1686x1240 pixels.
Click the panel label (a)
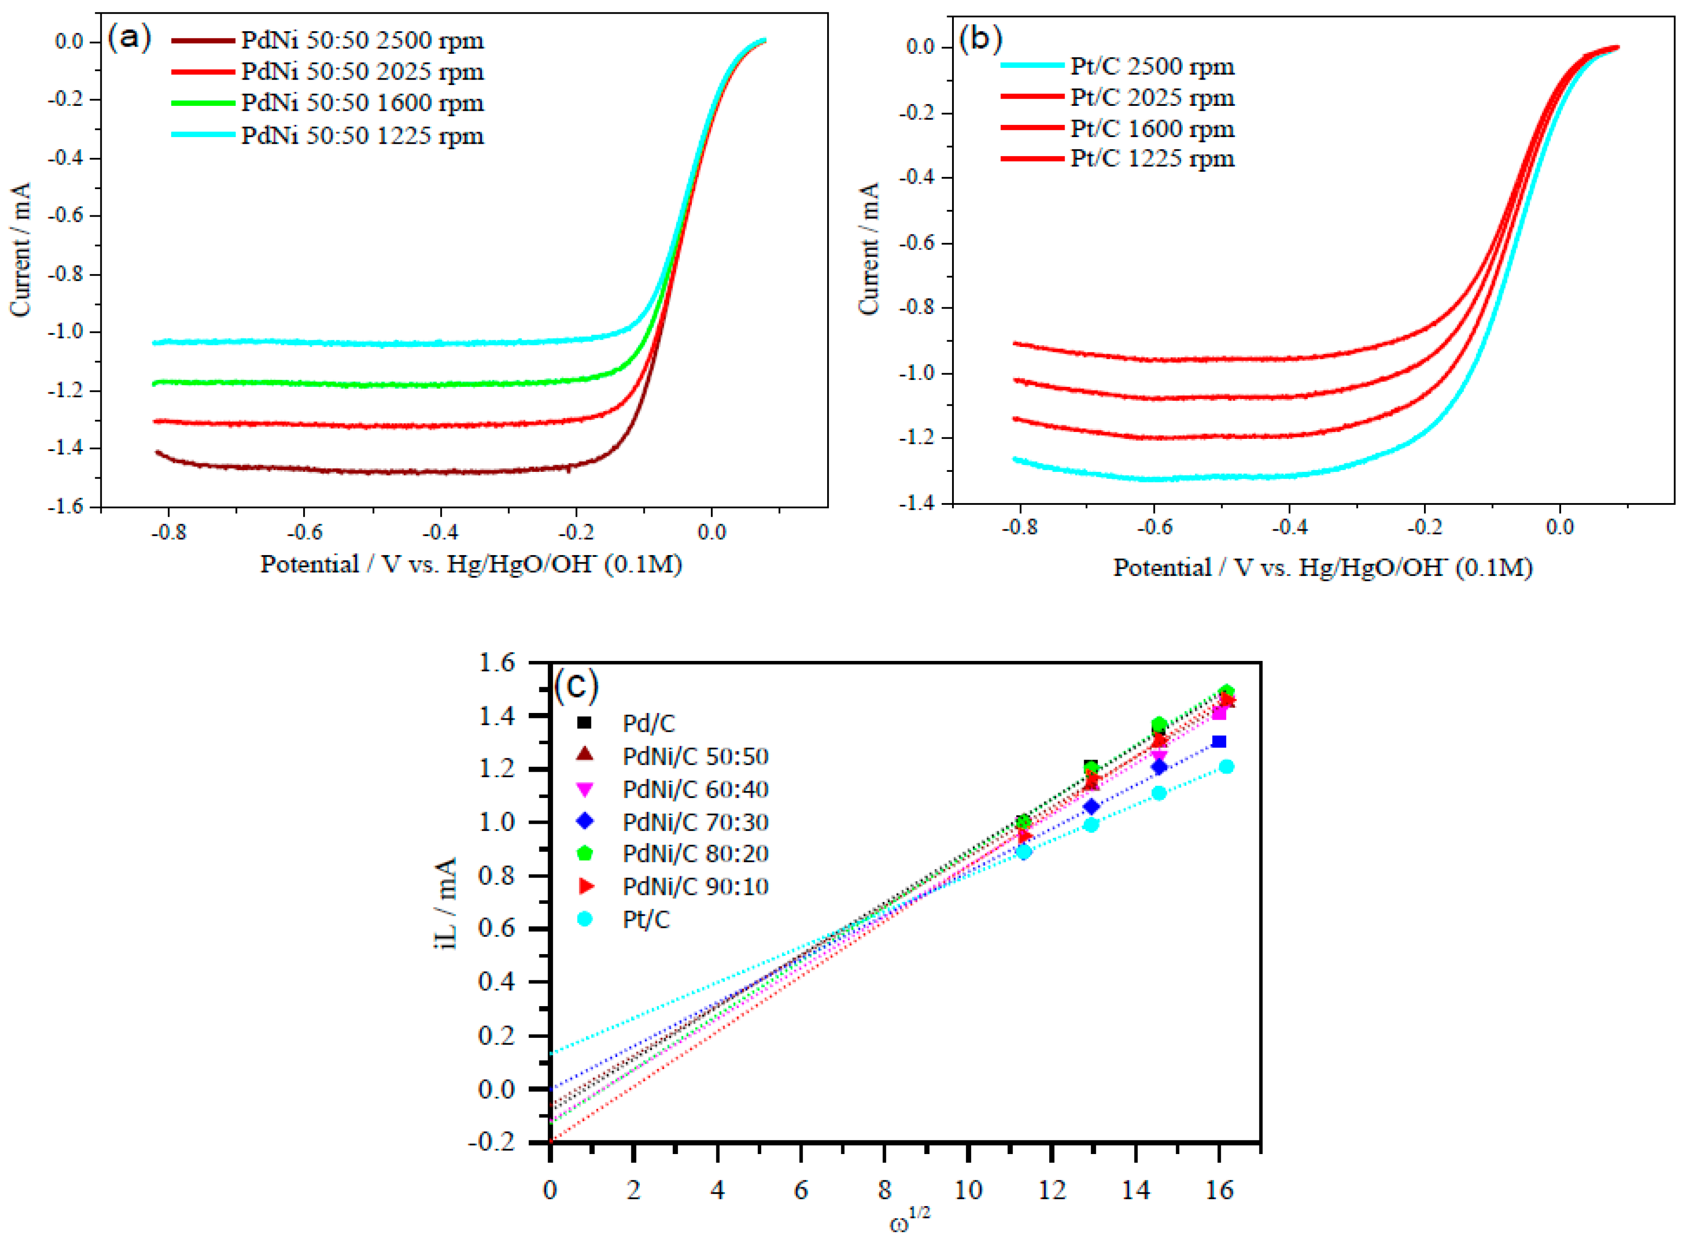point(129,36)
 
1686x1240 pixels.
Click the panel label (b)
point(981,38)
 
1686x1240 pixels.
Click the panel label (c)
point(576,684)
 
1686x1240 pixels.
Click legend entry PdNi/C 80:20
point(695,854)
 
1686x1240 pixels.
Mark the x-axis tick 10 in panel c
point(968,1190)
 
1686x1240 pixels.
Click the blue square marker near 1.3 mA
point(1219,741)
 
